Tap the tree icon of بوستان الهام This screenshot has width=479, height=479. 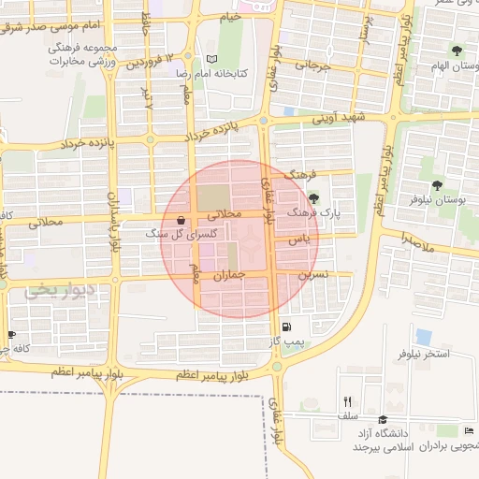click(456, 51)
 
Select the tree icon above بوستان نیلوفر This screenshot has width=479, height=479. click(438, 185)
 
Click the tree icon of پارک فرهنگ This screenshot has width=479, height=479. click(312, 197)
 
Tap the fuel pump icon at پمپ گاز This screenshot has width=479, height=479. click(286, 327)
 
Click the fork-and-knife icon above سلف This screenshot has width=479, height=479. click(347, 400)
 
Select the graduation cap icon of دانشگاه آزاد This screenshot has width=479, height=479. click(383, 420)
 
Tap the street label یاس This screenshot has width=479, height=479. click(298, 239)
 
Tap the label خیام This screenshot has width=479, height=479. click(230, 16)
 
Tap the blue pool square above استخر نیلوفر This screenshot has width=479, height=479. click(424, 336)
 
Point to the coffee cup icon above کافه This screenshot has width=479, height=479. click(11, 334)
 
